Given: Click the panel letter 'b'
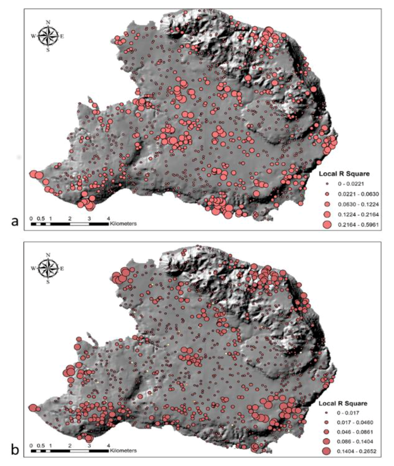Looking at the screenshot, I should click(x=15, y=450).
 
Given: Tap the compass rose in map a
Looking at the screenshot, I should click(x=48, y=36).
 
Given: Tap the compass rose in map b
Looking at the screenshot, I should click(x=48, y=268).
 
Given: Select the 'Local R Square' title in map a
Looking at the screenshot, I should click(x=344, y=174).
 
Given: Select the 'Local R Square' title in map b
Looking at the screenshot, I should click(x=343, y=404).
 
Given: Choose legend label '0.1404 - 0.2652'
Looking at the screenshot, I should click(x=356, y=451).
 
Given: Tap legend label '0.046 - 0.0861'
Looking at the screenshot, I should click(x=355, y=432).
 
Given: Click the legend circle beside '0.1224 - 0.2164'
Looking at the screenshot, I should click(x=327, y=215).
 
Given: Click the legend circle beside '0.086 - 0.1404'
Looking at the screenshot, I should click(x=327, y=441).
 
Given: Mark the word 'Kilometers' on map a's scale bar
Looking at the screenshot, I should click(x=123, y=224).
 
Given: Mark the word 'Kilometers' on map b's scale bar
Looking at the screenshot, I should click(x=123, y=451).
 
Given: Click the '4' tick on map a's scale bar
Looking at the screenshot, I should click(x=109, y=219).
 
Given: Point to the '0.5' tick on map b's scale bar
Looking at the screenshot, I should click(x=41, y=446).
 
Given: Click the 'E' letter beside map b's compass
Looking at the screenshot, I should click(x=62, y=269).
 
